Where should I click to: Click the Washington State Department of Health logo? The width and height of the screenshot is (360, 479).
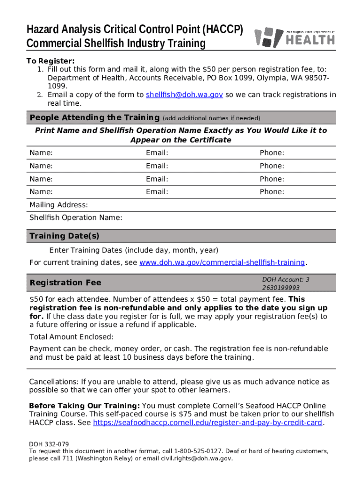294,36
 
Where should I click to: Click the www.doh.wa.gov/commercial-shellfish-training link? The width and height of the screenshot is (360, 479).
222,262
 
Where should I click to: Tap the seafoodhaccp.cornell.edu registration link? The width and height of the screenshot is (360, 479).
208,423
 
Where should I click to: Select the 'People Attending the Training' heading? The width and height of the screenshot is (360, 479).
94,117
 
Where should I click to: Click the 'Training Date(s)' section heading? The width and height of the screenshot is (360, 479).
65,236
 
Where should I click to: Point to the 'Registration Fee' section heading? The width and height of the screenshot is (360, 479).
65,283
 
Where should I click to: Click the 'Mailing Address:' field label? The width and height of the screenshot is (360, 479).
58,205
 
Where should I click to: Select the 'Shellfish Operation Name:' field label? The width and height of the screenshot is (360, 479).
76,218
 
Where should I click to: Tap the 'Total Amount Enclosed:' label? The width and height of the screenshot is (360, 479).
72,337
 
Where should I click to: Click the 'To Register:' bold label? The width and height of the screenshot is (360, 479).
50,61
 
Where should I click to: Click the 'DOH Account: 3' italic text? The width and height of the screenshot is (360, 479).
286,279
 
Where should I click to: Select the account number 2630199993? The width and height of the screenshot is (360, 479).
281,288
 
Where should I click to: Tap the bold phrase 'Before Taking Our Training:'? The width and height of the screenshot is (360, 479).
84,406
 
